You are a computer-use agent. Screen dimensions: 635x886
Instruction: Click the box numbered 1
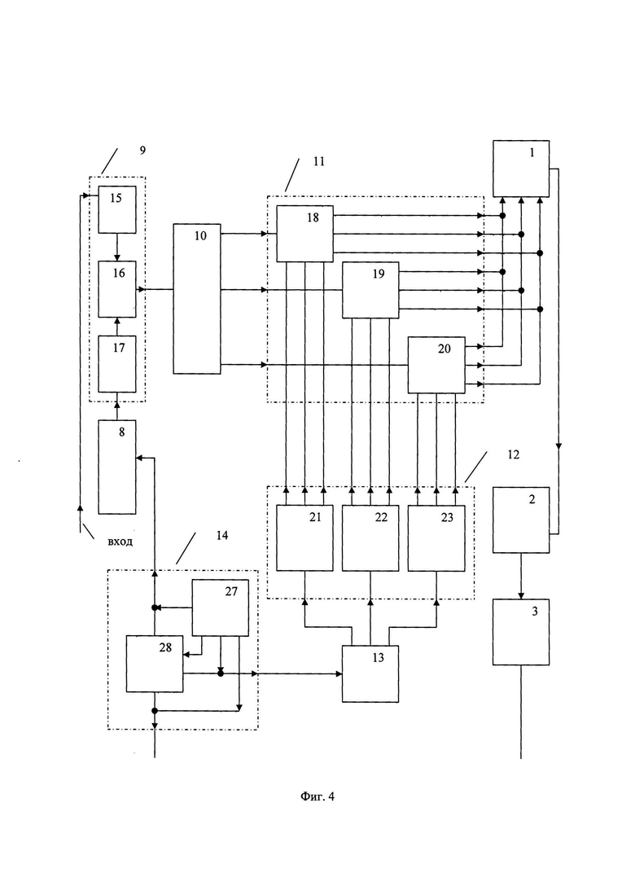pyautogui.click(x=521, y=169)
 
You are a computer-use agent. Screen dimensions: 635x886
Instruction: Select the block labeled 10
pyautogui.click(x=196, y=298)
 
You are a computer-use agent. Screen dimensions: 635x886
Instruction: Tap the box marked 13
pyautogui.click(x=370, y=673)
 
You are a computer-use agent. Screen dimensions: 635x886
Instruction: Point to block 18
pyautogui.click(x=304, y=234)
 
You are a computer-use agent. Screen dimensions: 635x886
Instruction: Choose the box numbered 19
pyautogui.click(x=370, y=290)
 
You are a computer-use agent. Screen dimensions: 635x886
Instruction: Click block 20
pyautogui.click(x=436, y=365)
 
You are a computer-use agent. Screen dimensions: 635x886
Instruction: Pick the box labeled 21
pyautogui.click(x=304, y=538)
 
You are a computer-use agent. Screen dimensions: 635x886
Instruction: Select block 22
pyautogui.click(x=370, y=538)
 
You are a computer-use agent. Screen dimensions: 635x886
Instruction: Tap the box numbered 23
pyautogui.click(x=436, y=538)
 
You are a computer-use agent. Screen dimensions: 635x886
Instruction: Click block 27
pyautogui.click(x=221, y=607)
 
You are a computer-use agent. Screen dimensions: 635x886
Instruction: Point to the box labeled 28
pyautogui.click(x=154, y=664)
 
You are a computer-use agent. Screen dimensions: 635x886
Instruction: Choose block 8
pyautogui.click(x=117, y=467)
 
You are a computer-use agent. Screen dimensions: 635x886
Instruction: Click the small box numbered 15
pyautogui.click(x=117, y=209)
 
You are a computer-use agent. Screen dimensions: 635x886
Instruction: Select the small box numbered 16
pyautogui.click(x=117, y=289)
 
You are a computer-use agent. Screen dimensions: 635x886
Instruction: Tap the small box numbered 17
pyautogui.click(x=117, y=364)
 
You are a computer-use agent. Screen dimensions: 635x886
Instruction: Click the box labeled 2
pyautogui.click(x=521, y=520)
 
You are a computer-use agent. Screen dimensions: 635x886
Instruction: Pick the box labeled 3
pyautogui.click(x=521, y=632)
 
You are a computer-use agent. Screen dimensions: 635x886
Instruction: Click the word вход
pyautogui.click(x=120, y=542)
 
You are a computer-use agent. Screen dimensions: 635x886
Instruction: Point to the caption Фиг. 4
pyautogui.click(x=317, y=796)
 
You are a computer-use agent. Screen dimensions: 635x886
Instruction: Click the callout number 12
pyautogui.click(x=514, y=454)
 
